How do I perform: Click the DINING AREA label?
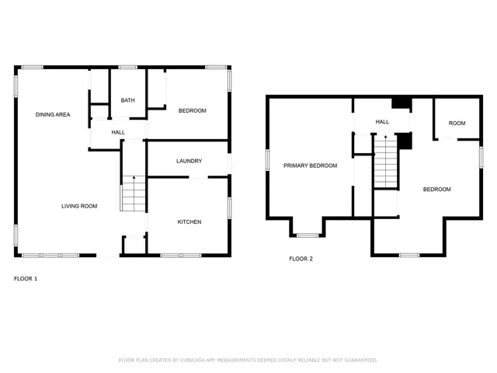tap(53, 115)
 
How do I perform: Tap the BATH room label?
tap(127, 100)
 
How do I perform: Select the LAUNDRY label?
tap(189, 161)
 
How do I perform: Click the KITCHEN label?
tap(189, 221)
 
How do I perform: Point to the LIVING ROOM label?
tap(79, 206)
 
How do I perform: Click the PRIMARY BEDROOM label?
tap(310, 166)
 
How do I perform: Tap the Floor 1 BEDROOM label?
tap(192, 110)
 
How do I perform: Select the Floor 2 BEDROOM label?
tap(436, 189)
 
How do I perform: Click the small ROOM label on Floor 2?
tap(457, 123)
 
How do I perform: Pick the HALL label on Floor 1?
tap(118, 132)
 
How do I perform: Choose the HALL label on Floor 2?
tap(382, 122)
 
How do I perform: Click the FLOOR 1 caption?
tap(26, 278)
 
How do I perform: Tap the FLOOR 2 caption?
tap(301, 259)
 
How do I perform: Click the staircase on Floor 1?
tap(134, 194)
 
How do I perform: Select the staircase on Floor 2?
tap(385, 162)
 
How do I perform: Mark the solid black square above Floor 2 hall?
tap(401, 103)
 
